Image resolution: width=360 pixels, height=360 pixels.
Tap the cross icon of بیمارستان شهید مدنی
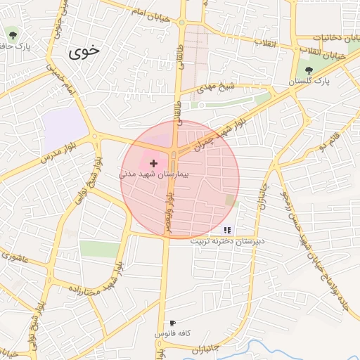153,162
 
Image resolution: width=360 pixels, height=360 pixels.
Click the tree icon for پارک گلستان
309,70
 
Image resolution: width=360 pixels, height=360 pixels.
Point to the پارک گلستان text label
309,82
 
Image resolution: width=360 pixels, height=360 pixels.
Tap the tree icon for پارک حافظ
13,33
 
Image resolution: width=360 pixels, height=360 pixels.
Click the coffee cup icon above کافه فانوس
173,323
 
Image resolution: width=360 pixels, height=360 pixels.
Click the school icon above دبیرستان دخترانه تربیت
227,229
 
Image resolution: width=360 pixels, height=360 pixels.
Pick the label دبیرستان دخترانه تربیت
227,240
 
